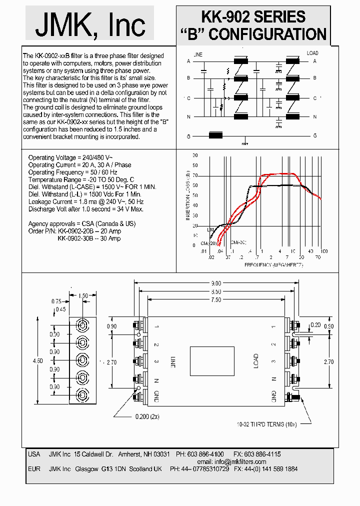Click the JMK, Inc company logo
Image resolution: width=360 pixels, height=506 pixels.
pos(90,24)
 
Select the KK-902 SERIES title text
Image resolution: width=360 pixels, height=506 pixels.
pos(253,17)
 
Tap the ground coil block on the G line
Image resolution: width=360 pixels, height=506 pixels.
pos(215,135)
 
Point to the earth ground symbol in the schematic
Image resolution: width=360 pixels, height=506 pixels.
pos(244,143)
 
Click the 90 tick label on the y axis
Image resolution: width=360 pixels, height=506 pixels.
pos(194,155)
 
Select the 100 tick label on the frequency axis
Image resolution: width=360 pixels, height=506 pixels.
pos(323,251)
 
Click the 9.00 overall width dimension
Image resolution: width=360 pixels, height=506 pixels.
pos(215,283)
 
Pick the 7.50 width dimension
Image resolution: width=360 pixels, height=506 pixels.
pos(215,299)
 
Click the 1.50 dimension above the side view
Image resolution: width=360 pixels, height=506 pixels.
pos(83,296)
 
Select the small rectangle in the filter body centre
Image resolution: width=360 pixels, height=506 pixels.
pos(212,360)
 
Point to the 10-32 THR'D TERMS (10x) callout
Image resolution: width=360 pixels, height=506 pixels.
pos(267,424)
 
